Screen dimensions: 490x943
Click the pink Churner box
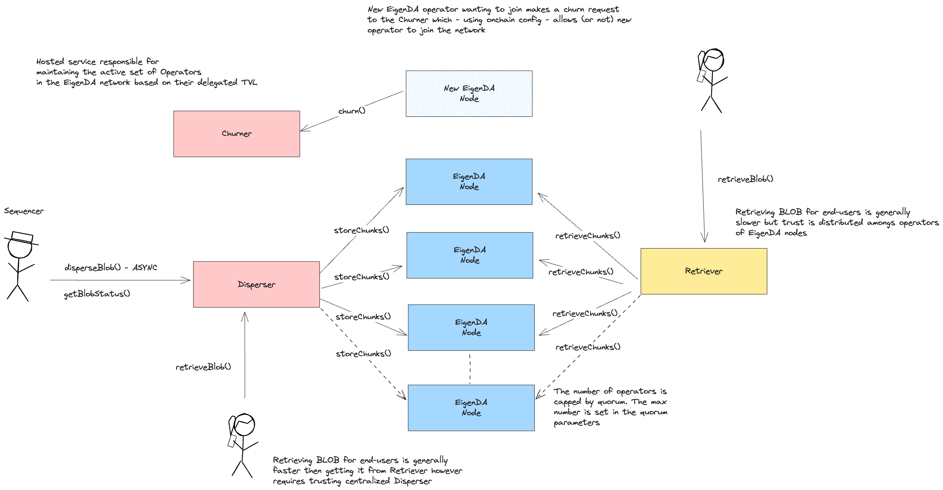[236, 134]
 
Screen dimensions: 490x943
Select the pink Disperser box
[256, 284]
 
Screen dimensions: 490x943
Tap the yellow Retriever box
[704, 271]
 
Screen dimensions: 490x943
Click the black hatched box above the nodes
[469, 94]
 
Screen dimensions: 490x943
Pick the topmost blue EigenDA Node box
[469, 182]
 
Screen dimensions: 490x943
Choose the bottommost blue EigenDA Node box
[471, 408]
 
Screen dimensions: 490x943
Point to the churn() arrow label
[352, 111]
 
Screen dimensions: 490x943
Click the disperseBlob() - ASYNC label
[111, 268]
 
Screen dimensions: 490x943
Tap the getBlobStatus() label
[97, 294]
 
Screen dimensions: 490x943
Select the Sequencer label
[24, 211]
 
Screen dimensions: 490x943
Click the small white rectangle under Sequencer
[22, 237]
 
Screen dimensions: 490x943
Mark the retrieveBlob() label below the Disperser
[203, 367]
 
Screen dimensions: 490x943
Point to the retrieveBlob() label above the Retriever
[746, 179]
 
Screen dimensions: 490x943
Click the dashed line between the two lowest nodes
[470, 368]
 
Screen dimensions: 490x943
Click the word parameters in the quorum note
[577, 423]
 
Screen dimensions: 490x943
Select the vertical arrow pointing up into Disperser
[245, 355]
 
